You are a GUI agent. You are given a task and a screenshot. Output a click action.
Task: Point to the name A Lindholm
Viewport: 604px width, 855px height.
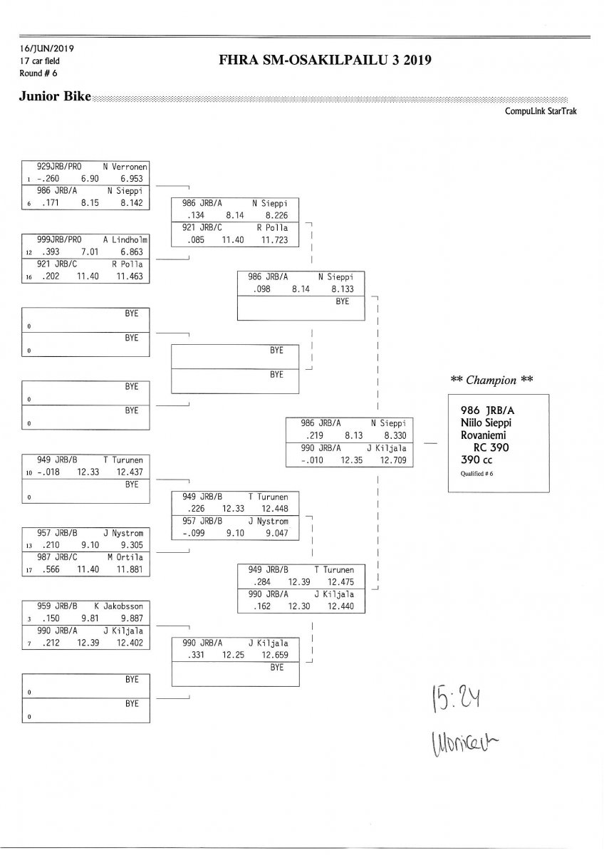coord(128,239)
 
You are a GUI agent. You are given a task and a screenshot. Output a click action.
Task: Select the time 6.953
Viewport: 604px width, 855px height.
coord(132,177)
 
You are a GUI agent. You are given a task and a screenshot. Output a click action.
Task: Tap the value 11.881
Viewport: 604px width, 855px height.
coord(132,569)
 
